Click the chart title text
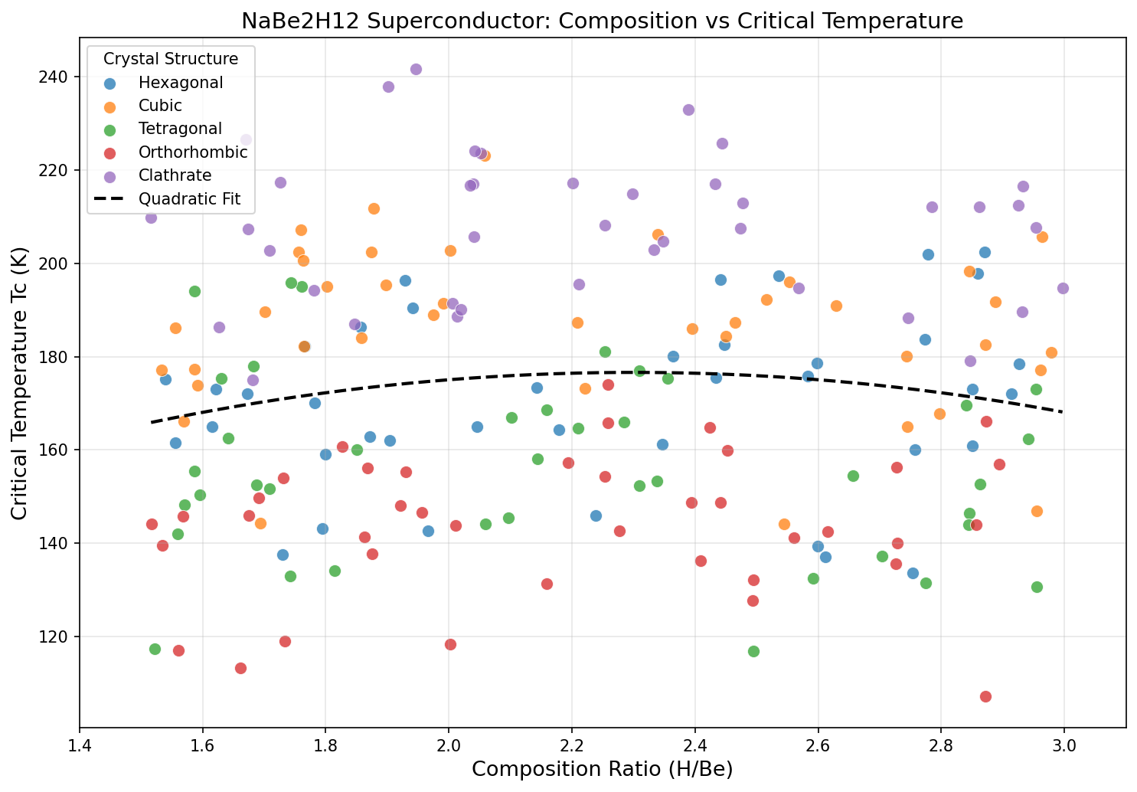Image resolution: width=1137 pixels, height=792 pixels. [x=602, y=21]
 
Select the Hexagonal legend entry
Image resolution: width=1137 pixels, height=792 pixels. [x=181, y=83]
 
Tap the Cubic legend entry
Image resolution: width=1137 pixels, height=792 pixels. [x=160, y=106]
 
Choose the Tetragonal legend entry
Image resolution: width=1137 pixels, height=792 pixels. [x=180, y=129]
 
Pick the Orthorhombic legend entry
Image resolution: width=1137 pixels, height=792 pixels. [x=193, y=152]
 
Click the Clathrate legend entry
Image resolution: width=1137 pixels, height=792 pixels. [x=175, y=175]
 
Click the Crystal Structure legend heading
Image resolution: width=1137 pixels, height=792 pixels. [x=171, y=59]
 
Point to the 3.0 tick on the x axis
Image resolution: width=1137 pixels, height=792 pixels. [x=1064, y=742]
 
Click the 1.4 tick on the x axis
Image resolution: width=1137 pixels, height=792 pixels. [x=80, y=742]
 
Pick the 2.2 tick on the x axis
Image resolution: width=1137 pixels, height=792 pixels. [x=572, y=742]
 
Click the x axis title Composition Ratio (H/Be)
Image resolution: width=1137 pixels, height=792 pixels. [x=602, y=770]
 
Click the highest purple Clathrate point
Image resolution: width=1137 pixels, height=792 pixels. [x=416, y=69]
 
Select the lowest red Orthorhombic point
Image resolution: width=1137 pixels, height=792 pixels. [x=985, y=696]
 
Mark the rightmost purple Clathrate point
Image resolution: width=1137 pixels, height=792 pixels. [x=1063, y=288]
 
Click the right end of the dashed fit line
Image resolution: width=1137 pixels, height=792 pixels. [x=1063, y=411]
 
